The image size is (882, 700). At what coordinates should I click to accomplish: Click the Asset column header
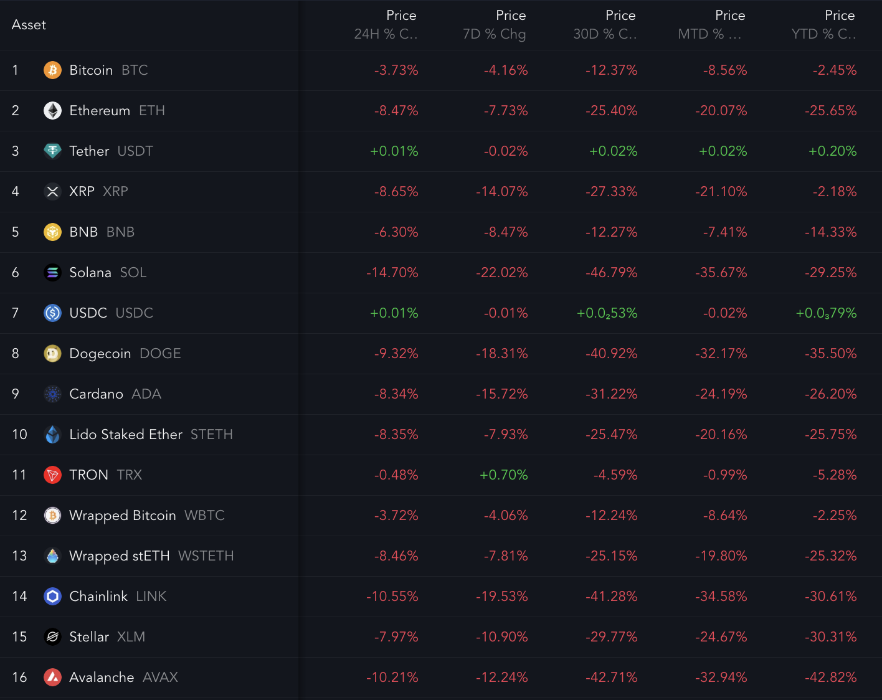point(29,25)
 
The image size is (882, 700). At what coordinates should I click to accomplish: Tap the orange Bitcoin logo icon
point(52,70)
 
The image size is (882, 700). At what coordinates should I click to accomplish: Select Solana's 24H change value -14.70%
point(392,273)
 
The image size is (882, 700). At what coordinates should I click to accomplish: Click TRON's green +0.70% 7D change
point(503,475)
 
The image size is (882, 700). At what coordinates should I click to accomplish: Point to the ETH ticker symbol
point(151,111)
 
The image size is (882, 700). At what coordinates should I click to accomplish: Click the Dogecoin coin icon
point(52,354)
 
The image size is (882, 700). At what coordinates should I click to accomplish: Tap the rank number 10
point(19,435)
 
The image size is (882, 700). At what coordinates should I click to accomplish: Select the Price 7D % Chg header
point(495,25)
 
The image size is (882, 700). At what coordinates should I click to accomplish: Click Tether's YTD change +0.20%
point(832,151)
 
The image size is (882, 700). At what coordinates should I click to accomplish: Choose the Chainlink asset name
point(98,597)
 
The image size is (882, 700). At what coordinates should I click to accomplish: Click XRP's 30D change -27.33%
point(611,192)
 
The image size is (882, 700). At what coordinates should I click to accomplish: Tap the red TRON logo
point(52,475)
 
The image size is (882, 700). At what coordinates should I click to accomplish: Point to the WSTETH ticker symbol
point(206,556)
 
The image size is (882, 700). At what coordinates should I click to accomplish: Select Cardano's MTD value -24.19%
point(721,394)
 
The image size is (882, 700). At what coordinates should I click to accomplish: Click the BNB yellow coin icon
point(52,232)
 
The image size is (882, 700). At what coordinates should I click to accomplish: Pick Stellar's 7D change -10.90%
point(501,637)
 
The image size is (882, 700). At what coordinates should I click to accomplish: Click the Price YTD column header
point(823,25)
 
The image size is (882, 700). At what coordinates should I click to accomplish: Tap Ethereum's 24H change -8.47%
point(396,111)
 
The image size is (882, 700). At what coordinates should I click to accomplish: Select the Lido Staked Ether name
point(126,435)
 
